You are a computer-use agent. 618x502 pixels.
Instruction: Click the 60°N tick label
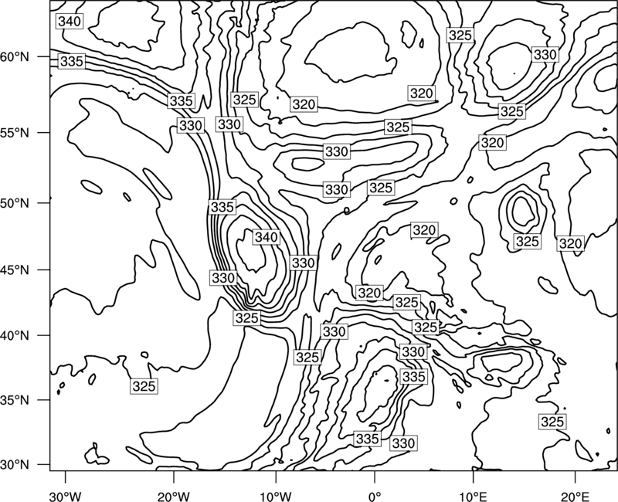pos(15,57)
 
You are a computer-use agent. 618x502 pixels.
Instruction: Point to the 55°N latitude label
pos(15,133)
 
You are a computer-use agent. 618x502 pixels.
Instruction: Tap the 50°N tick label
pos(15,203)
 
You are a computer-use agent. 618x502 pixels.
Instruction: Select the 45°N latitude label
pos(15,270)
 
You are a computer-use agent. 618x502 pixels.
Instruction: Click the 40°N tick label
pos(15,336)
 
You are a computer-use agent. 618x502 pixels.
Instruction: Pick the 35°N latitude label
pos(15,400)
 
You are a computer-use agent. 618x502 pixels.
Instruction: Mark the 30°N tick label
pos(15,465)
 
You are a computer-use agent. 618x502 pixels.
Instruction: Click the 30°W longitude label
pos(66,496)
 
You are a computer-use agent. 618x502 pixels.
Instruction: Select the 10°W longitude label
pos(276,496)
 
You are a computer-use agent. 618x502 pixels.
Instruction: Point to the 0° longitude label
pos(375,496)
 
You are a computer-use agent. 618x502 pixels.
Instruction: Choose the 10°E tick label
pos(473,496)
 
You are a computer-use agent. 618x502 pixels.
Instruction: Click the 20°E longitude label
pos(575,496)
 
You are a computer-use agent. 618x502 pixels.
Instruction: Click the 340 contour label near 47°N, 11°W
pos(267,237)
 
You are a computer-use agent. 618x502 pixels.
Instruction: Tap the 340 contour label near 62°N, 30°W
pos(70,22)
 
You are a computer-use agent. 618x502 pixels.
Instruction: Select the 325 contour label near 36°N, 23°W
pos(144,386)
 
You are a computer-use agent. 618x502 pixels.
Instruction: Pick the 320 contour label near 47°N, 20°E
pos(570,244)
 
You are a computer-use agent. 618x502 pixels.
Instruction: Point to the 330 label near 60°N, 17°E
pos(545,54)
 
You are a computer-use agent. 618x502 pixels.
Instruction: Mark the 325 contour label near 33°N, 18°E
pos(552,422)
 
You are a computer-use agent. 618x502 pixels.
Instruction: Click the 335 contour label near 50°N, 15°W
pos(222,207)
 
